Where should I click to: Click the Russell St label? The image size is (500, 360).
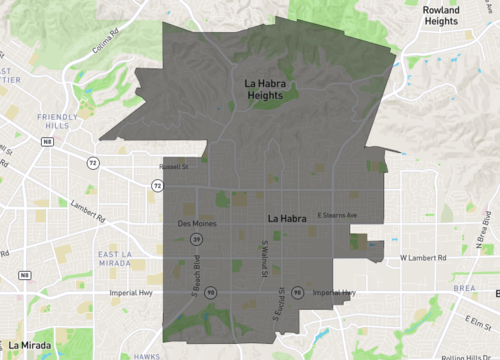[x=173, y=167]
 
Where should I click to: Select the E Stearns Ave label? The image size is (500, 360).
[x=337, y=215]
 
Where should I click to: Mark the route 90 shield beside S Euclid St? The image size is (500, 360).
[x=299, y=293]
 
